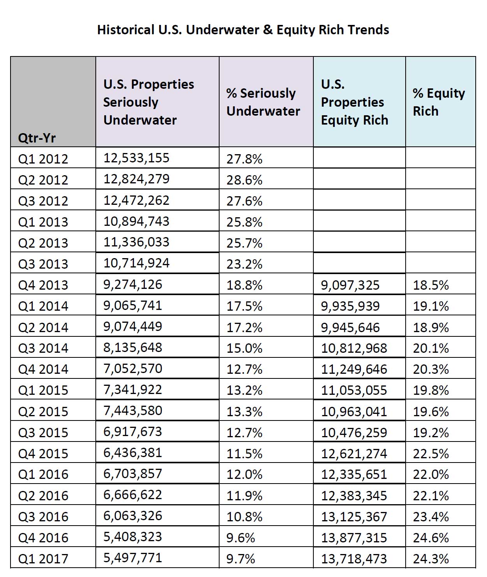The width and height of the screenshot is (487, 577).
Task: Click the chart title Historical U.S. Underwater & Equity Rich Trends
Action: [243, 30]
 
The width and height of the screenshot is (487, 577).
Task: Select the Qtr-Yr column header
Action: [37, 137]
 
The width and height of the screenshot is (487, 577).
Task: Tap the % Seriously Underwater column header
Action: [263, 102]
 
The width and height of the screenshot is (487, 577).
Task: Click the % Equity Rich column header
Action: [439, 102]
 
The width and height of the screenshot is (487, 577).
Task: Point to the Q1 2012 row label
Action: [43, 159]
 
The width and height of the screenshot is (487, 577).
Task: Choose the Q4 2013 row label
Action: [43, 285]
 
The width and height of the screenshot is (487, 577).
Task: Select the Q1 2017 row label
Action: [43, 558]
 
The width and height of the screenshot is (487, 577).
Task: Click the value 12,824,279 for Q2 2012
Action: [136, 179]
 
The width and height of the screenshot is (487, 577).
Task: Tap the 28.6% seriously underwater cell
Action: [244, 180]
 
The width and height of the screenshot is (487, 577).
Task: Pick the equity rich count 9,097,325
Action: [350, 285]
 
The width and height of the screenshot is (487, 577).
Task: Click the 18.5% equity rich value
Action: [431, 285]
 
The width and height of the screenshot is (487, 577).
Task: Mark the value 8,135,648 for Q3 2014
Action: [133, 347]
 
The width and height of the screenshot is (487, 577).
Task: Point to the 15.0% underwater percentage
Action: [244, 348]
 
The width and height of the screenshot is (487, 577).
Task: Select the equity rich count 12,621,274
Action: [354, 454]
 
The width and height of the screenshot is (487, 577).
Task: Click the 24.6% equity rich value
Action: [431, 538]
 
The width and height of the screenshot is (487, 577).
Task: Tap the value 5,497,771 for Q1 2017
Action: [133, 558]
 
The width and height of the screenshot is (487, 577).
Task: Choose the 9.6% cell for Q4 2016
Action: [241, 538]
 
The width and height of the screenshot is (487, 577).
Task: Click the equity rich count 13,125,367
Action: [354, 517]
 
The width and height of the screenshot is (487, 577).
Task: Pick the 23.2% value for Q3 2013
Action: [244, 264]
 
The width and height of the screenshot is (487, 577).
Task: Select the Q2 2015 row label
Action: [43, 412]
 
